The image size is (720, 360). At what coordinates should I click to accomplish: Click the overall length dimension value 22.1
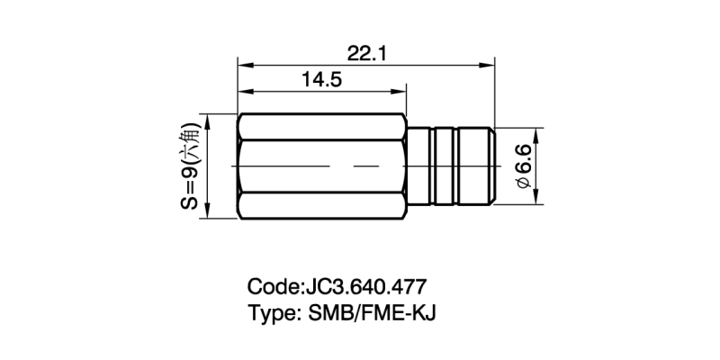click(x=366, y=53)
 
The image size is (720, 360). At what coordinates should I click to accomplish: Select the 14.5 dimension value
click(x=321, y=80)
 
